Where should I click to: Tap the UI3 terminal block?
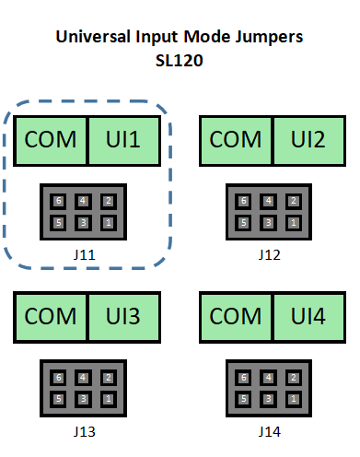click(x=130, y=316)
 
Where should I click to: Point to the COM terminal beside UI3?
click(x=52, y=316)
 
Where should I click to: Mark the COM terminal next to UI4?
click(x=237, y=316)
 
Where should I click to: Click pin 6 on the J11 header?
click(x=59, y=201)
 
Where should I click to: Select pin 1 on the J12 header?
click(x=294, y=222)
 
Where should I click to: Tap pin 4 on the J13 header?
click(x=84, y=377)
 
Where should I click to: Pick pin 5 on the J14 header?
click(x=244, y=398)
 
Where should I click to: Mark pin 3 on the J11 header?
click(x=84, y=222)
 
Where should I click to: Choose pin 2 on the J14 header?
click(x=294, y=377)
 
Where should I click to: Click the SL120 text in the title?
click(x=180, y=62)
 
